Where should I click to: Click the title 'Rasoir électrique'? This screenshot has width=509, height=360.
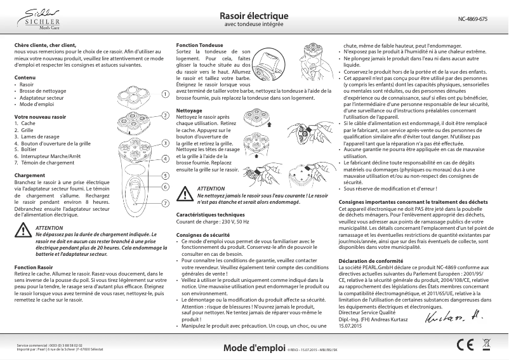pyautogui.click(x=254, y=16)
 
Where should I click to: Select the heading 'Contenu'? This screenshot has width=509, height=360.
pyautogui.click(x=25, y=77)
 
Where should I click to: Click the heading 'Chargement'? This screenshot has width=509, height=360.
pyautogui.click(x=29, y=157)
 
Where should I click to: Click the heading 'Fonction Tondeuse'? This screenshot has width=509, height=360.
pyautogui.click(x=199, y=44)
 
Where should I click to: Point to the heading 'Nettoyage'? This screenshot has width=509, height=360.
pyautogui.click(x=189, y=110)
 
